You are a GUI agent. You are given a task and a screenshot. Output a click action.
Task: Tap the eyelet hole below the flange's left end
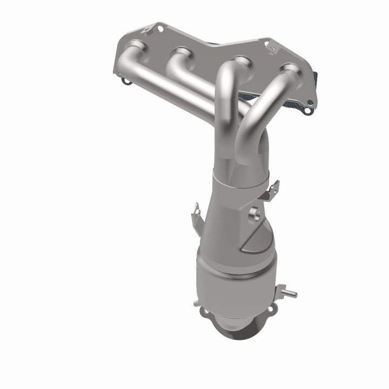[126, 82]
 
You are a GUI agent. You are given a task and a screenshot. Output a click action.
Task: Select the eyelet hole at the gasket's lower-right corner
[308, 111]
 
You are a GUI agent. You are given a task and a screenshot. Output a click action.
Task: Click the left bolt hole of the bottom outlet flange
[204, 312]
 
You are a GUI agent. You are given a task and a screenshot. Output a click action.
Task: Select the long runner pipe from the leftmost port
[173, 89]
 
